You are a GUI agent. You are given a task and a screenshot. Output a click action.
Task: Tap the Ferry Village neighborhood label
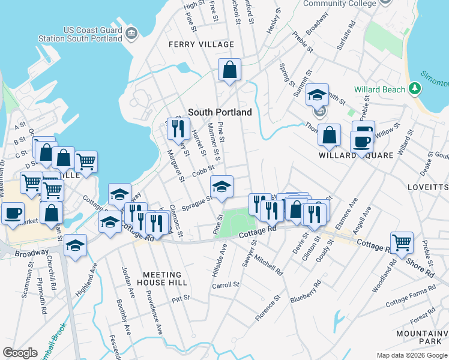coord(201,44)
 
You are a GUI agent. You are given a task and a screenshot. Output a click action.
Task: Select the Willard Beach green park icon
coord(414,89)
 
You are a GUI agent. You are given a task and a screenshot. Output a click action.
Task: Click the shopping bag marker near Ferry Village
coord(229,70)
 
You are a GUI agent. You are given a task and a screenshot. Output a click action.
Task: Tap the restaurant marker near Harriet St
coord(178,128)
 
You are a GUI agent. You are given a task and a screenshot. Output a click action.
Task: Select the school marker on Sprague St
coord(221,187)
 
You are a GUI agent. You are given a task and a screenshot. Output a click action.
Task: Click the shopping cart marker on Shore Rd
coord(402,242)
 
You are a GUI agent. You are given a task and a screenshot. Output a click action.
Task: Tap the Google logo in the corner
coord(20,353)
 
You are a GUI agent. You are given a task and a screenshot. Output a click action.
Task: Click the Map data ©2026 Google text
coord(411,355)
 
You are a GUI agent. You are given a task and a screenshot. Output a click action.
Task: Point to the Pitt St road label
coord(180,298)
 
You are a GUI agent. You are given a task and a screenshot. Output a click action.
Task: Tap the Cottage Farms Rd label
coord(410,297)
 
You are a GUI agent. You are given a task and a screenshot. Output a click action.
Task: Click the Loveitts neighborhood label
coord(432,187)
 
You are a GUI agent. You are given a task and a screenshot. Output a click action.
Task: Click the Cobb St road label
coord(203,173)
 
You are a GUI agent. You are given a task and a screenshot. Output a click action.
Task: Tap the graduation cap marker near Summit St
coord(317,95)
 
